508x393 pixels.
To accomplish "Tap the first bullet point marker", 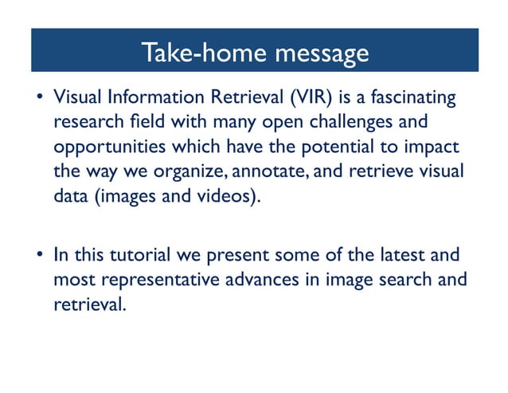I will click(39, 100).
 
